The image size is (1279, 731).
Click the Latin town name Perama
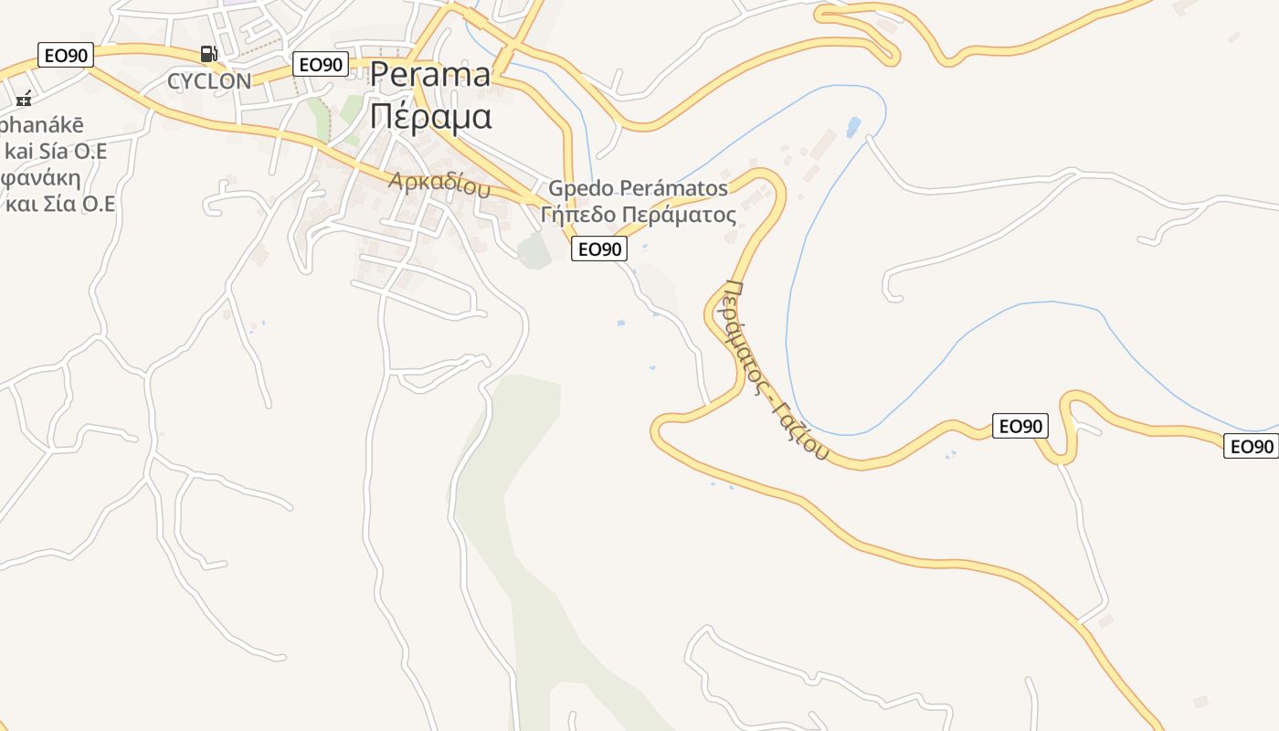tap(430, 76)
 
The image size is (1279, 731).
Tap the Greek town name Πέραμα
tap(430, 117)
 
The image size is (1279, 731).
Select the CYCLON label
tap(209, 81)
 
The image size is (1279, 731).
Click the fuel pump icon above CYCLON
tap(208, 54)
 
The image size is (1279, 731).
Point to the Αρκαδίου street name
tap(439, 184)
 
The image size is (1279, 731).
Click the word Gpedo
tap(581, 189)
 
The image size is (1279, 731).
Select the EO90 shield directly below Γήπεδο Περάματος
tap(599, 249)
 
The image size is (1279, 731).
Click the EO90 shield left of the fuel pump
tap(66, 55)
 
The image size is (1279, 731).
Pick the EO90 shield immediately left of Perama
tap(321, 64)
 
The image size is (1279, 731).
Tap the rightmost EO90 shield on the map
tap(1251, 446)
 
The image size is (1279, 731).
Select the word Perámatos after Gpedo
tap(674, 189)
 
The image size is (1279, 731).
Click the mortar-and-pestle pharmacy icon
tap(24, 99)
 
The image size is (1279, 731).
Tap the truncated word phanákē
tap(41, 125)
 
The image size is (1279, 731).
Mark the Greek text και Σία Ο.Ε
tap(60, 204)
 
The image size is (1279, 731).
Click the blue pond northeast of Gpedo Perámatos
tap(853, 126)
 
